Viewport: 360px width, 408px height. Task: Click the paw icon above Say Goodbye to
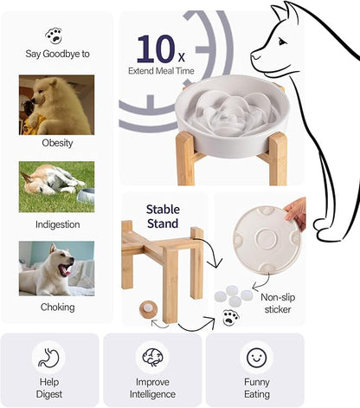click(56, 36)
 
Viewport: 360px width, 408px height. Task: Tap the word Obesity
click(56, 143)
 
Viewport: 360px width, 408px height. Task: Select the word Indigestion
click(56, 224)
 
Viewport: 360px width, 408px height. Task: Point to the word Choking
click(56, 306)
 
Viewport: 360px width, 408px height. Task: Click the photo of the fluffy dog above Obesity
click(56, 104)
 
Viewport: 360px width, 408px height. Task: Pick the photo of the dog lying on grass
click(56, 186)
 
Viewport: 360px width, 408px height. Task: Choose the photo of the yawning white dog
click(56, 269)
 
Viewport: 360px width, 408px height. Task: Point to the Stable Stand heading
click(163, 216)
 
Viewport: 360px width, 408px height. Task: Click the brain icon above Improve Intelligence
click(152, 357)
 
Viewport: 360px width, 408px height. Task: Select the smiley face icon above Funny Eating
click(254, 357)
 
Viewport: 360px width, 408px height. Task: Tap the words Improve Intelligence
click(152, 387)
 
